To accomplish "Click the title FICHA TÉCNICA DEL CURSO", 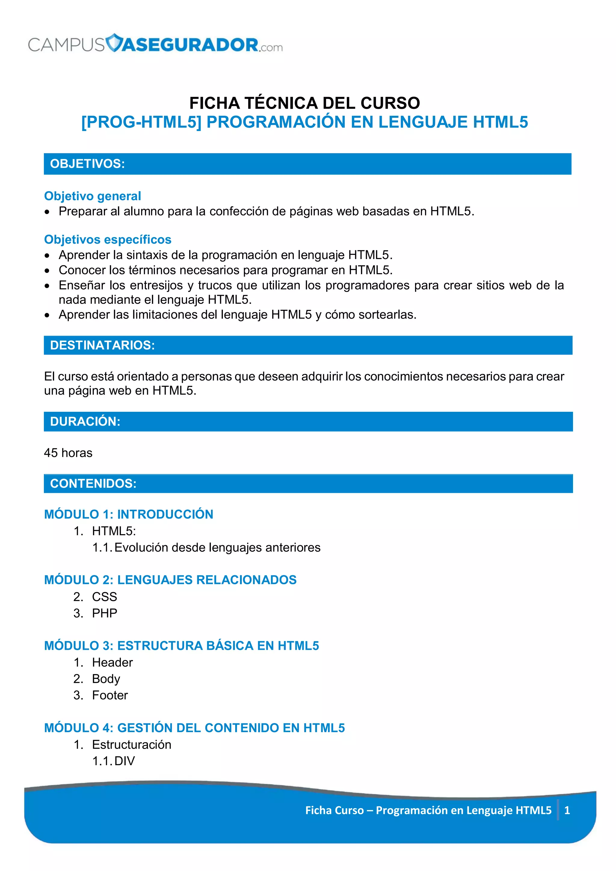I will click(x=304, y=103).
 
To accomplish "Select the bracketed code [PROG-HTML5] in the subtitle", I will click(x=141, y=122).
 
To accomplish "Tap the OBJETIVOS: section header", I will click(x=87, y=164).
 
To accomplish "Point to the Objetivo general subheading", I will click(x=92, y=196).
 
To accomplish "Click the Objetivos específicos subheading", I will click(x=107, y=240).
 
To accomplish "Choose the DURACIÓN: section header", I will click(x=85, y=421).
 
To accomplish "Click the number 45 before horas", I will click(x=51, y=453).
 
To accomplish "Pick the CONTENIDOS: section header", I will click(x=93, y=484).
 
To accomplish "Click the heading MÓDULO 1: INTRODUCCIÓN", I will click(x=129, y=515).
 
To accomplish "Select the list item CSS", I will click(x=104, y=597).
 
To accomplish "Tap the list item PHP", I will click(x=104, y=613).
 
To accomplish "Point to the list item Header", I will click(x=112, y=662).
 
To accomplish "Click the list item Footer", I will click(x=110, y=695).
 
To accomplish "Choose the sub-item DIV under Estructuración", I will click(x=125, y=761).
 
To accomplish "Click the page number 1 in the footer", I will click(x=567, y=810).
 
